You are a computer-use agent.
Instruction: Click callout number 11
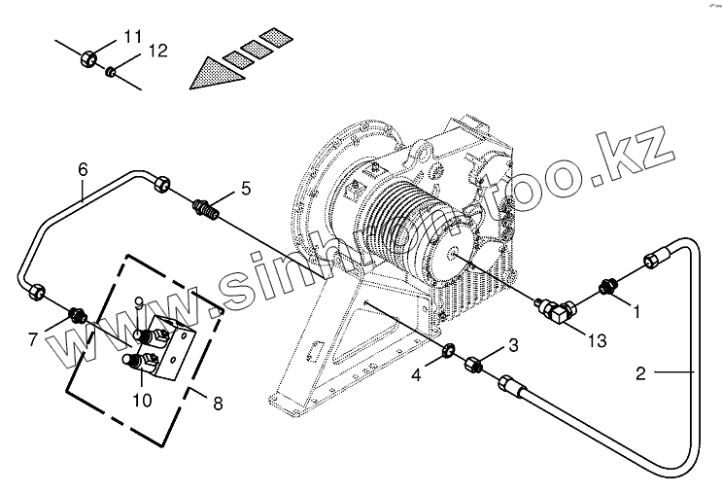pos(133,37)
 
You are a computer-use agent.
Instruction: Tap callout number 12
pos(156,52)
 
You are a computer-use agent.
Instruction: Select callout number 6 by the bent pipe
pos(83,169)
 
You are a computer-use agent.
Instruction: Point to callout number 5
pos(246,189)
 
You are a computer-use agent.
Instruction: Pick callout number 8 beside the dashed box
pos(218,401)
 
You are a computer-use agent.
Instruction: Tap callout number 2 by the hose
pos(641,372)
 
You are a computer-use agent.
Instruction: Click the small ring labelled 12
pos(113,70)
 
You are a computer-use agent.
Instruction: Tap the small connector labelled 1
pos(609,287)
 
